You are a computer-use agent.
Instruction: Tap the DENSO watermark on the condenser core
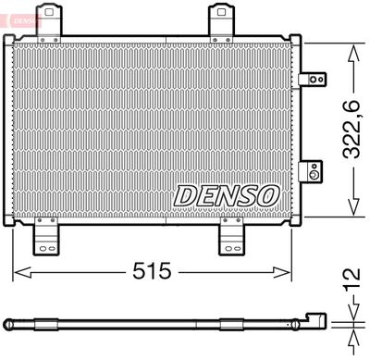pyautogui.click(x=225, y=195)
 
